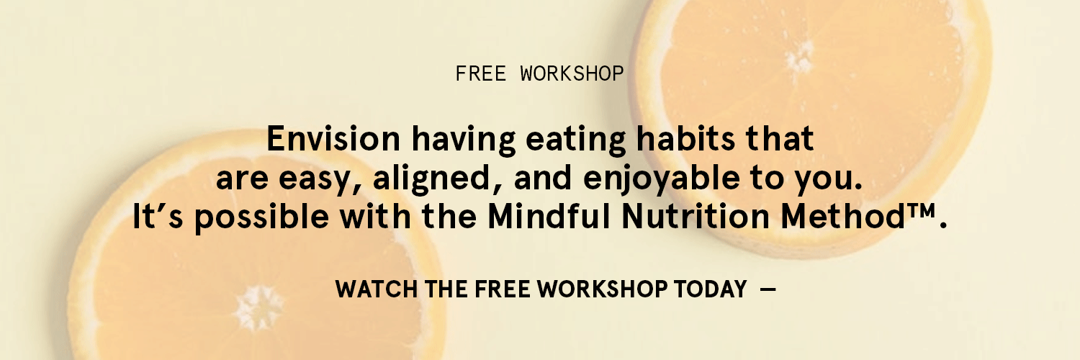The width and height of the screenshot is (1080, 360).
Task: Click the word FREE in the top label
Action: coord(481,73)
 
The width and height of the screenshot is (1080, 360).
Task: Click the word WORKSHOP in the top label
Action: coord(572,73)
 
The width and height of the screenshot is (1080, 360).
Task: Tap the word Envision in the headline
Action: coord(333,139)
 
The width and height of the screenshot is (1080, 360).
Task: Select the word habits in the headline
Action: coord(685,139)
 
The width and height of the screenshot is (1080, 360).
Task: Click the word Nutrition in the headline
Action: coord(696,217)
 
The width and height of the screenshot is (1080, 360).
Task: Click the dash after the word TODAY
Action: coord(768,289)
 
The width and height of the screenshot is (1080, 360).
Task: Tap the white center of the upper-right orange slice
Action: coord(799,57)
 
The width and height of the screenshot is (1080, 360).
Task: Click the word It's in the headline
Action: coord(158,217)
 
